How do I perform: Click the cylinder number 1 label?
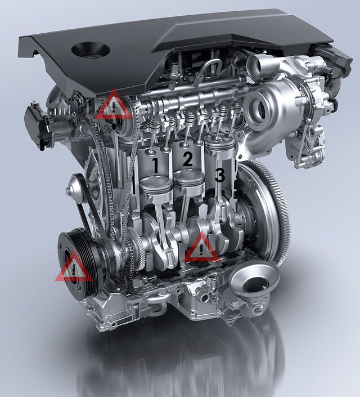pyautogui.click(x=155, y=166)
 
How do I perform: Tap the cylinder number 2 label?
pyautogui.click(x=187, y=159)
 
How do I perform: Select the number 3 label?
pyautogui.click(x=219, y=175)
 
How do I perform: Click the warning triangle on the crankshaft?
pyautogui.click(x=201, y=247)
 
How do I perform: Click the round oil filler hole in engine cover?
pyautogui.click(x=91, y=50)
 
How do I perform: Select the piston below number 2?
pyautogui.click(x=189, y=181)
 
